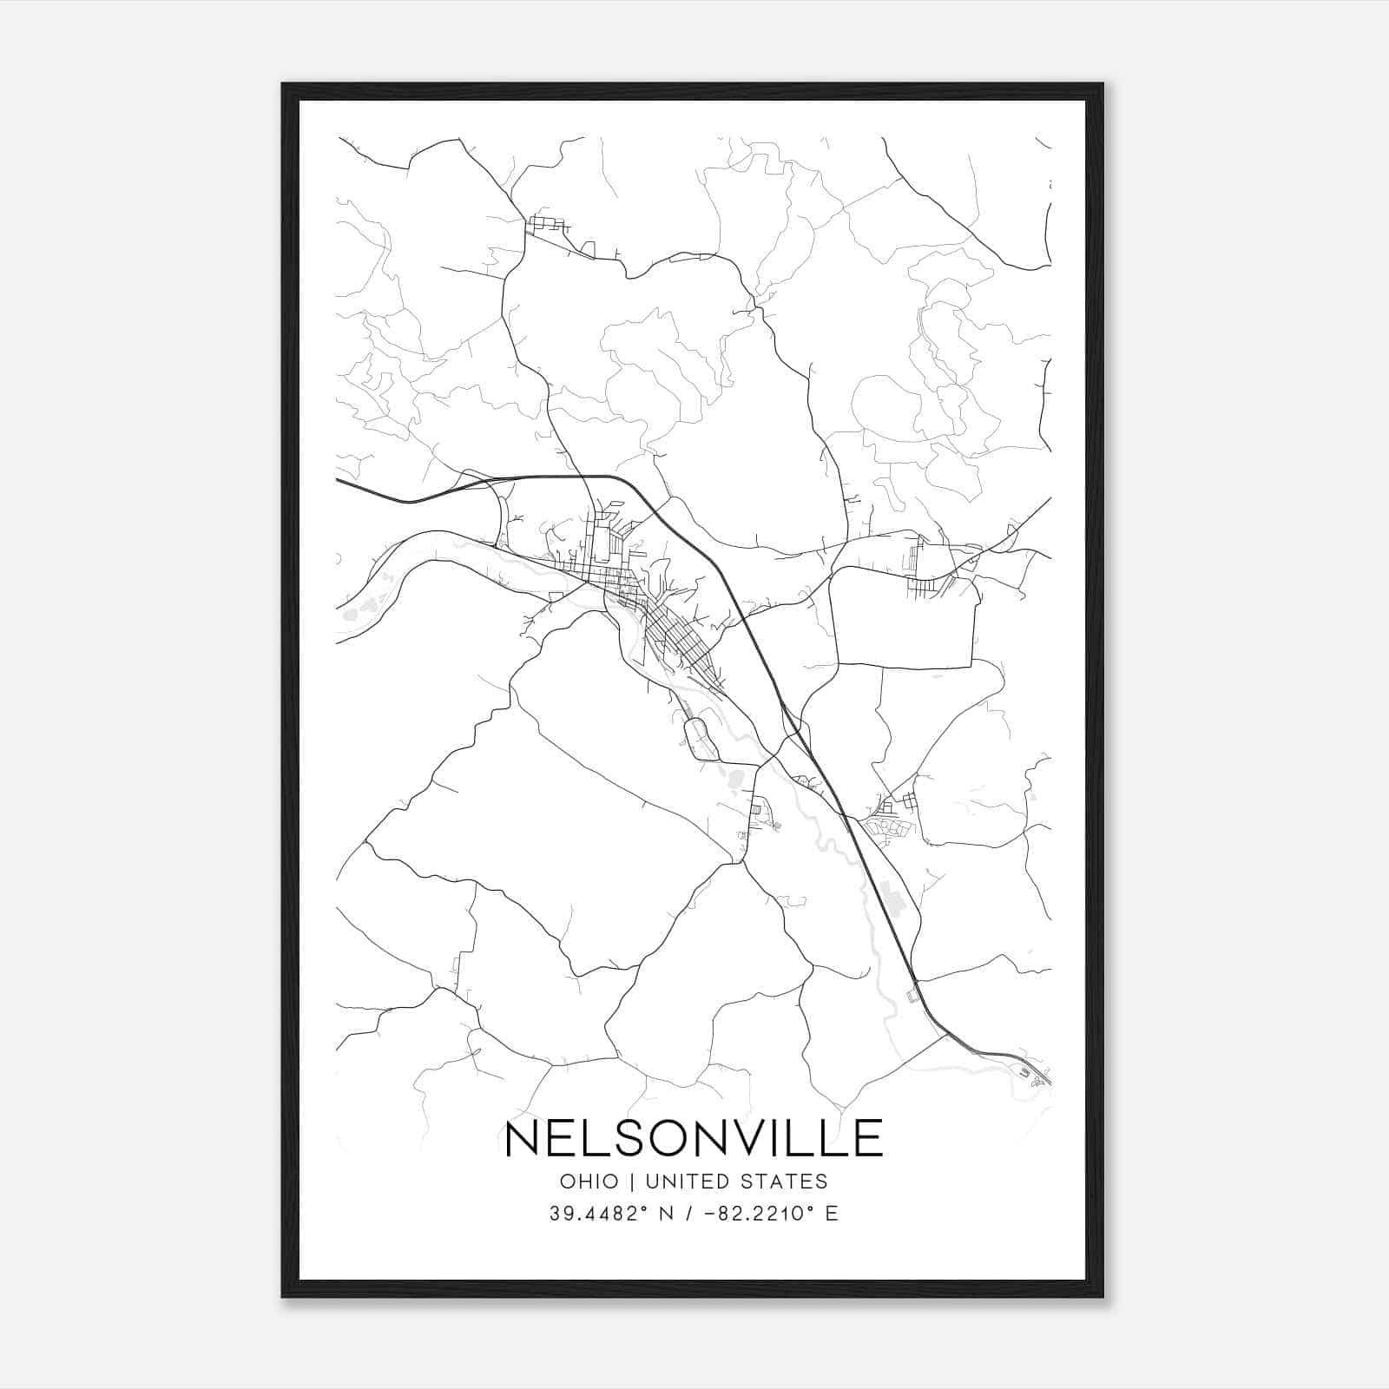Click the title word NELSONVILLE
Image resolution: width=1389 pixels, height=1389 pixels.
click(x=694, y=1138)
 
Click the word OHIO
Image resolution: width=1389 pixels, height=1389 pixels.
click(x=589, y=1182)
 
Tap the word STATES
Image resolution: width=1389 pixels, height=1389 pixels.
click(x=789, y=1182)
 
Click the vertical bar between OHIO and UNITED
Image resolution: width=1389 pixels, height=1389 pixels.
click(x=631, y=1182)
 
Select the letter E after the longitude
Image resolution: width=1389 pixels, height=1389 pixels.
click(x=832, y=1214)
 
